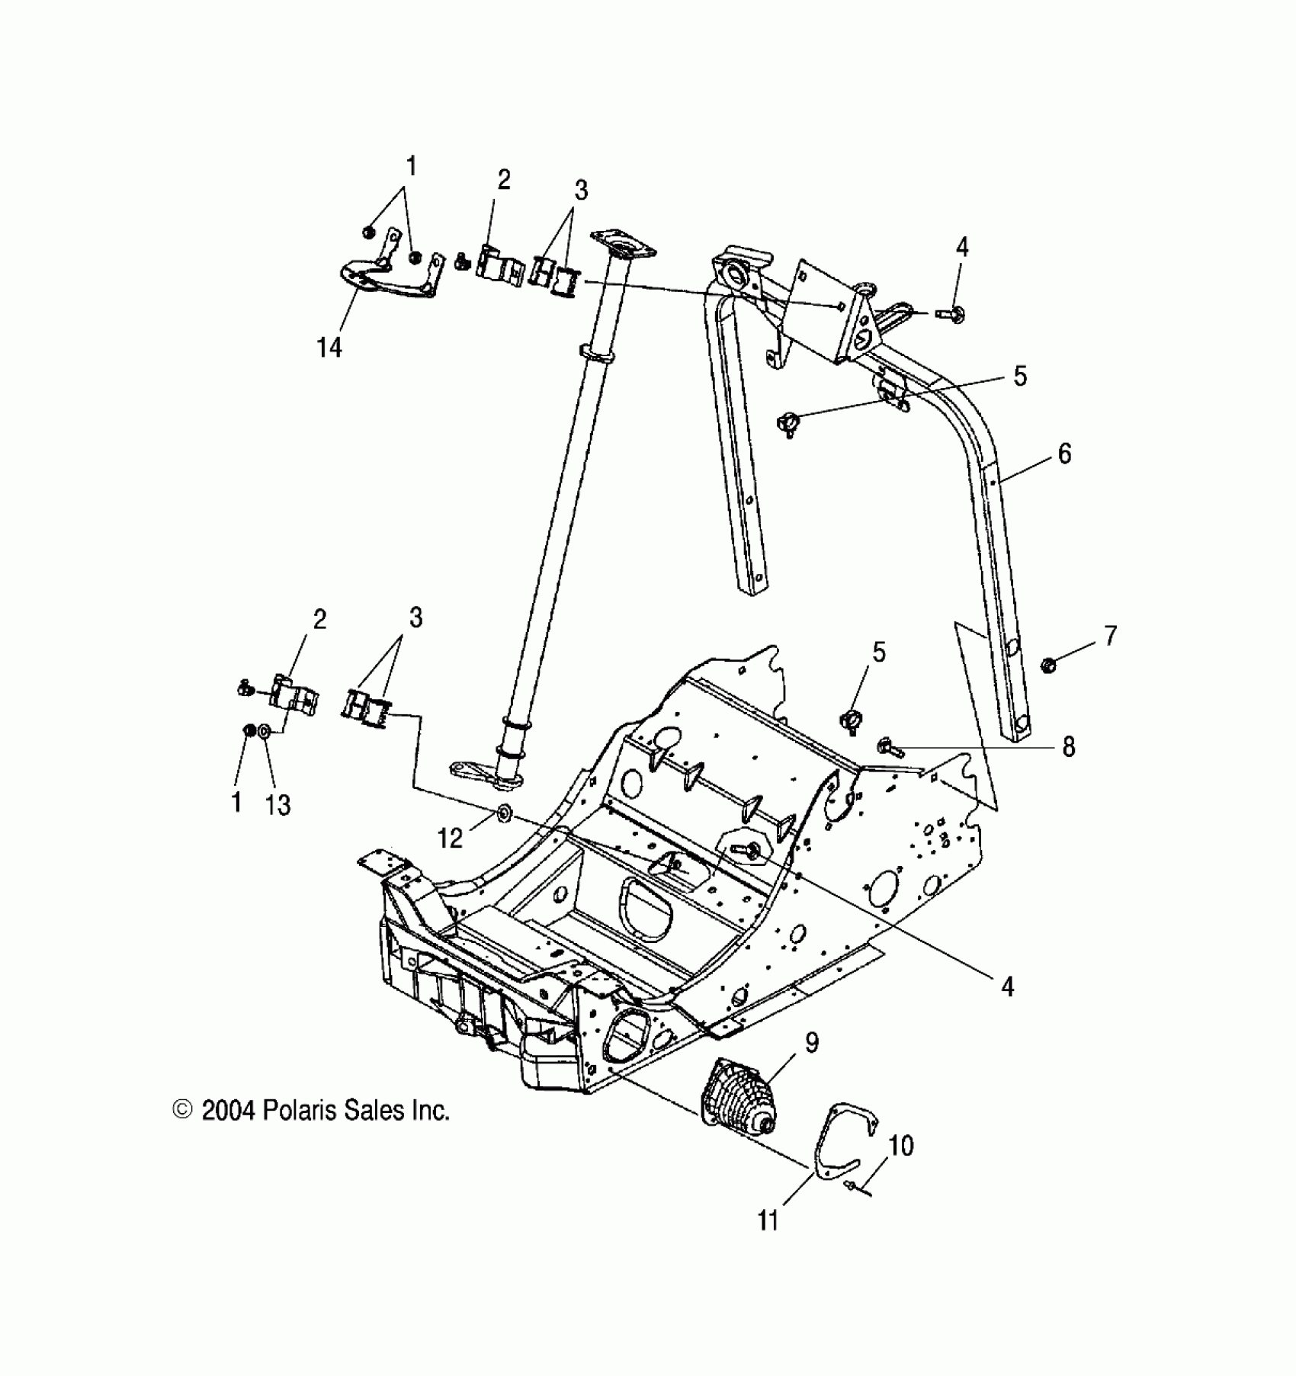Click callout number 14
point(329,348)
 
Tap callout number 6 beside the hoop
point(1064,454)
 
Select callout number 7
point(1110,635)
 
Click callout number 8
point(1068,747)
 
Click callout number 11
point(768,1220)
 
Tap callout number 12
point(451,839)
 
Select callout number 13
point(278,804)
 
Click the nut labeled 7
point(1047,666)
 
